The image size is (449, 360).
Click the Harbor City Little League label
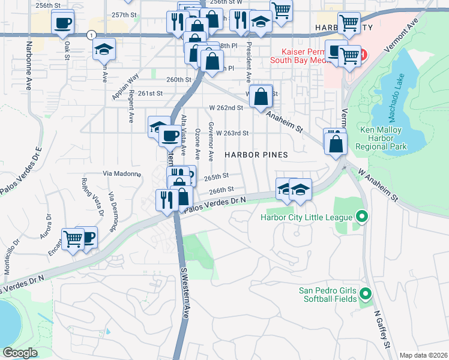click(307, 217)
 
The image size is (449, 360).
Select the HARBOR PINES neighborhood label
click(256, 155)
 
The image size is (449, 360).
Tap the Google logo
click(20, 353)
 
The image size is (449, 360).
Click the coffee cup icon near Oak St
click(62, 24)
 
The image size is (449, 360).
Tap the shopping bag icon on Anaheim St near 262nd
click(261, 96)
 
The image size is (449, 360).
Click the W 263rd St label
click(232, 133)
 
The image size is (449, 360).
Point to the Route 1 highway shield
click(90, 35)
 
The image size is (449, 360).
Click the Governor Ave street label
click(211, 142)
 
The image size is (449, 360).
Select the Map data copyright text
click(423, 355)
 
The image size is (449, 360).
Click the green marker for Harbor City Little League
click(361, 216)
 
